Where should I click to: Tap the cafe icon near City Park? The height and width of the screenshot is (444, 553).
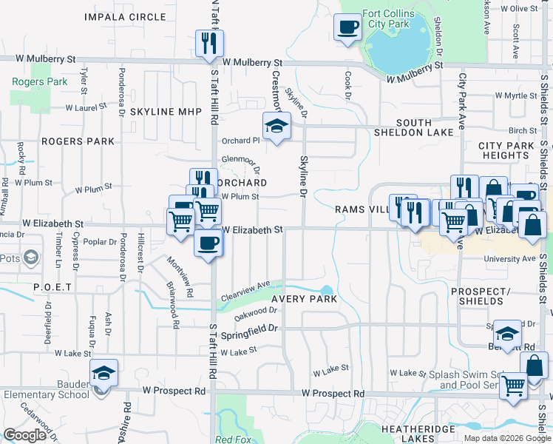coord(347,28)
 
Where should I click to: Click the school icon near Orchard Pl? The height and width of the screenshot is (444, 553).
coord(276,127)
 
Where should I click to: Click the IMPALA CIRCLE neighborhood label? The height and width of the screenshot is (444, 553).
coord(125,16)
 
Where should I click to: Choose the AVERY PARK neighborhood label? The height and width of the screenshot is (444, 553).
coord(304,299)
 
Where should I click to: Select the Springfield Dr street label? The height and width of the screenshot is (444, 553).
coord(251,328)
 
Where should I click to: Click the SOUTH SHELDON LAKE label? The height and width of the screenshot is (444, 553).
coord(424,128)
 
